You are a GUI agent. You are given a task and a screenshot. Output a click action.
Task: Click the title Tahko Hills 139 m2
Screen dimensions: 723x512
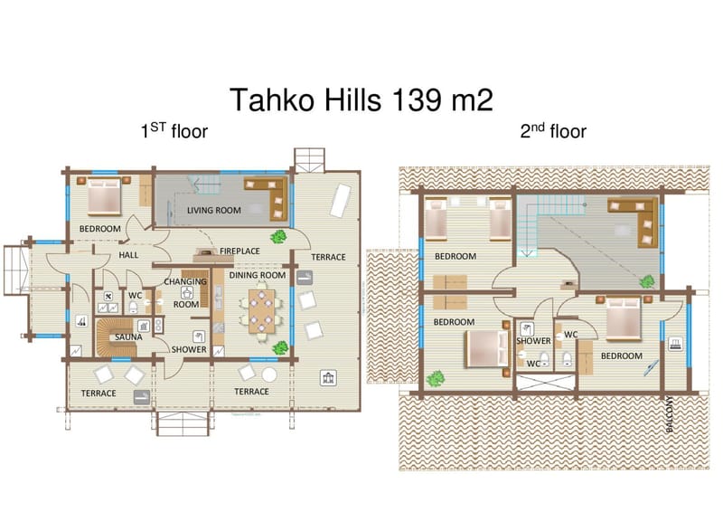(x=361, y=100)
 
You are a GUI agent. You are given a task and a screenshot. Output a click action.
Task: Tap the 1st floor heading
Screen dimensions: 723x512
(x=174, y=130)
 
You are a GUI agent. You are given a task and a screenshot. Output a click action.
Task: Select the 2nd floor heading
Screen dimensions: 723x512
(x=553, y=131)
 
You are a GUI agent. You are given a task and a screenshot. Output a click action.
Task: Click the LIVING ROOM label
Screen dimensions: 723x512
(x=214, y=211)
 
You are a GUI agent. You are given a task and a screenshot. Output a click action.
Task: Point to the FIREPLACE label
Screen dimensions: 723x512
(x=239, y=251)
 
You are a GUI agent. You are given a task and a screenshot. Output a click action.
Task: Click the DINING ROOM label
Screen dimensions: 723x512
(x=258, y=275)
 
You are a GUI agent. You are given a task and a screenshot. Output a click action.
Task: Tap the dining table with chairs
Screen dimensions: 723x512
(x=261, y=310)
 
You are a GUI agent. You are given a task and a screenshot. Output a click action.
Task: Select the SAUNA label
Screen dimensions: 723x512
(x=128, y=337)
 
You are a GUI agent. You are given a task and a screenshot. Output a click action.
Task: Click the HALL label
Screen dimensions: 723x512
(x=128, y=255)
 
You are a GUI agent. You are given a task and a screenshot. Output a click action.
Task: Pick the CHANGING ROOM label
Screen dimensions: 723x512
(x=186, y=293)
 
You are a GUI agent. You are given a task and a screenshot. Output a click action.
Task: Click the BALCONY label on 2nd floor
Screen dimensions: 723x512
(x=670, y=414)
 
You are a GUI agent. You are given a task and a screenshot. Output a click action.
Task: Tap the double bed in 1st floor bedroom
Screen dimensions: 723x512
(x=104, y=195)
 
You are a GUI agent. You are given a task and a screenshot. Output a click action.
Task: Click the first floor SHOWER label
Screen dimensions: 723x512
(x=189, y=349)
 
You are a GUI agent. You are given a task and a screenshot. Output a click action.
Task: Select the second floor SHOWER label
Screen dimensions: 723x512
(x=533, y=341)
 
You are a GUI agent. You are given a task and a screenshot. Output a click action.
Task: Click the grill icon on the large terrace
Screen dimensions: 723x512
(x=328, y=378)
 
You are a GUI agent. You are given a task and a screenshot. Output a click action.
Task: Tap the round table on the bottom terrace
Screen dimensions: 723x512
(x=268, y=375)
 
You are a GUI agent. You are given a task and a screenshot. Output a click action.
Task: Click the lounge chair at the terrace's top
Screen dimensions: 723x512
(x=341, y=201)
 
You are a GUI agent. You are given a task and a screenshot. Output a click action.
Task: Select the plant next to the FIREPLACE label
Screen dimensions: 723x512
(x=278, y=236)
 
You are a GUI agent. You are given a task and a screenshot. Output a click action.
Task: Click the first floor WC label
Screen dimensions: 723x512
(x=135, y=296)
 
